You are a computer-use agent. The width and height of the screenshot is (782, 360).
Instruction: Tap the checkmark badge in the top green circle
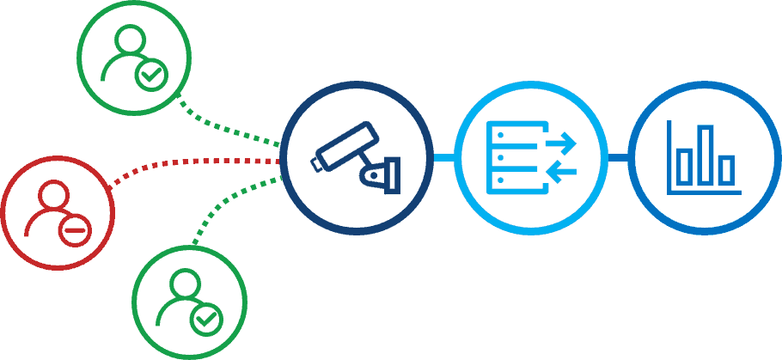coord(151,76)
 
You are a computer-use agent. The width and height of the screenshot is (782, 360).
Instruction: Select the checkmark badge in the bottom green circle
coord(206,320)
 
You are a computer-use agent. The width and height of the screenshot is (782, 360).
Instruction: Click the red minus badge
coord(75,230)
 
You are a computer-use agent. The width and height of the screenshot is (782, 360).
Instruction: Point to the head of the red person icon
coord(52,193)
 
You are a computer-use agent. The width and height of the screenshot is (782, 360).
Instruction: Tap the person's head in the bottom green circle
coord(184,283)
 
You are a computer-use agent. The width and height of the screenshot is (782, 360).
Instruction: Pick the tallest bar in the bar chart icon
coord(706,155)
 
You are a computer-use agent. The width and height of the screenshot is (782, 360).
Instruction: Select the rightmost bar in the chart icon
coord(727,168)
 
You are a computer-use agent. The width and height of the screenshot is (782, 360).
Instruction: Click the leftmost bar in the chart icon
coord(685,165)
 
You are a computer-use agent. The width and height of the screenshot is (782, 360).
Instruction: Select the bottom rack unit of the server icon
coord(507,181)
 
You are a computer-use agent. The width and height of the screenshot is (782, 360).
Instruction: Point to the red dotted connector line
coord(189,162)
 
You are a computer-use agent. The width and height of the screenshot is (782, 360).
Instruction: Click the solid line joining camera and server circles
coord(443,157)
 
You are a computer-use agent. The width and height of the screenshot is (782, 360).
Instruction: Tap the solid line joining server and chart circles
coord(618,157)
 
